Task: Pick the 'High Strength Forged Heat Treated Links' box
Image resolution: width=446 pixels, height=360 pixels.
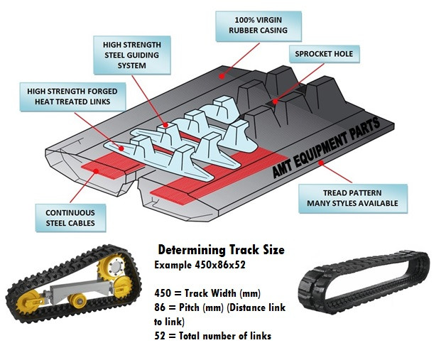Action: tap(72, 97)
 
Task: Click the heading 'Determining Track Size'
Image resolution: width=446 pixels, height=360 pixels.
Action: tap(220, 250)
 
